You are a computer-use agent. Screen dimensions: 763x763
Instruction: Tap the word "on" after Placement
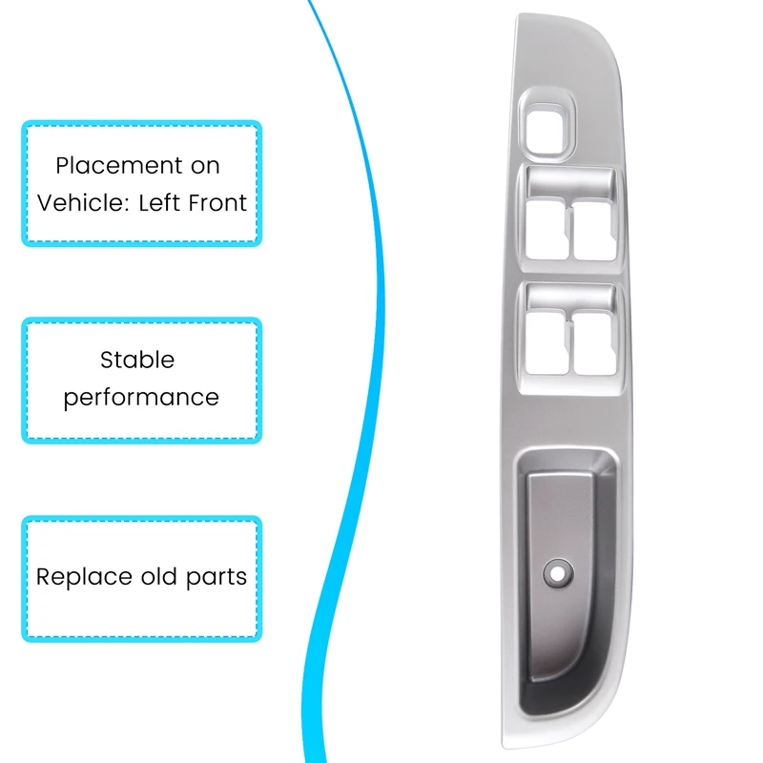pyautogui.click(x=205, y=166)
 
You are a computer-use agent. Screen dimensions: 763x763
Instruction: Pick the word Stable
pyautogui.click(x=137, y=360)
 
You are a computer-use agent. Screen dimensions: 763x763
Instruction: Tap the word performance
pyautogui.click(x=141, y=397)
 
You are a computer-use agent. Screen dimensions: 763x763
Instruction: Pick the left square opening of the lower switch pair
pyautogui.click(x=546, y=344)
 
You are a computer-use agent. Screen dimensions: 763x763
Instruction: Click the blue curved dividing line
pyautogui.click(x=379, y=286)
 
